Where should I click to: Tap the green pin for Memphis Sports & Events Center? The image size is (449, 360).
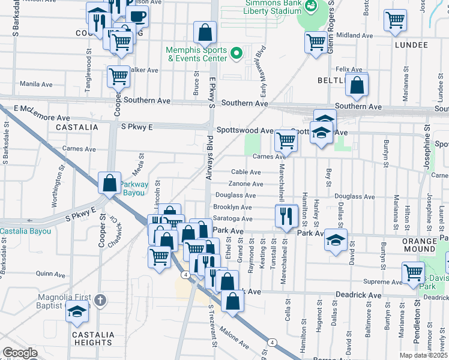(x=236, y=54)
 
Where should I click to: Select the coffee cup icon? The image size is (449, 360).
(x=137, y=16)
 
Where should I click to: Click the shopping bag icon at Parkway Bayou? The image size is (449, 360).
(x=110, y=183)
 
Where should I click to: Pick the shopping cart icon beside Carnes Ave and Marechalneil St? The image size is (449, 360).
(x=286, y=140)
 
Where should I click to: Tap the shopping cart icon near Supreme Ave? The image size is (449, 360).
(x=413, y=272)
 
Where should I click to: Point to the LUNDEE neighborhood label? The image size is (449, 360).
(x=411, y=45)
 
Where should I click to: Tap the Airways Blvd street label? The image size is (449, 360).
(x=209, y=163)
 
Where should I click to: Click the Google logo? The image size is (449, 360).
(x=20, y=353)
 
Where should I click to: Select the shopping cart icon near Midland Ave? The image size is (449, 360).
(x=316, y=41)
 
